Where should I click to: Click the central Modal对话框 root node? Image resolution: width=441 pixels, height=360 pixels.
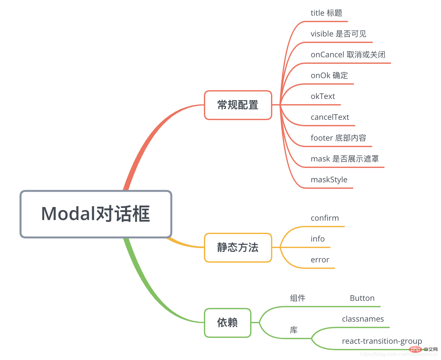pyautogui.click(x=96, y=214)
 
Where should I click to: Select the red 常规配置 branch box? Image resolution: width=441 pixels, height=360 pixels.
pyautogui.click(x=238, y=105)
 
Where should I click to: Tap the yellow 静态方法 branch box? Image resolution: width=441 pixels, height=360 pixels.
pyautogui.click(x=238, y=248)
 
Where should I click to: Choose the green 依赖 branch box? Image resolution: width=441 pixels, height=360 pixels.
pyautogui.click(x=227, y=323)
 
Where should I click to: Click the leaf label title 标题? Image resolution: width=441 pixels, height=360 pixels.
pyautogui.click(x=326, y=13)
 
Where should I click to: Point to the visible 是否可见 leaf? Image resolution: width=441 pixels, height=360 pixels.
pyautogui.click(x=338, y=34)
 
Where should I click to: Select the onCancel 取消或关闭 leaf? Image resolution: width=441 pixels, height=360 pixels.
pyautogui.click(x=348, y=55)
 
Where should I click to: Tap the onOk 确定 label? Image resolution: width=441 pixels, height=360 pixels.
pyautogui.click(x=329, y=76)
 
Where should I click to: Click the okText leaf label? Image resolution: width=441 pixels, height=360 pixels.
pyautogui.click(x=323, y=96)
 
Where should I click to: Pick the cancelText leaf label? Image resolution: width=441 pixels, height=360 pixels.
pyautogui.click(x=330, y=117)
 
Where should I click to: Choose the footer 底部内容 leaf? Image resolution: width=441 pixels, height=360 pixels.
pyautogui.click(x=338, y=138)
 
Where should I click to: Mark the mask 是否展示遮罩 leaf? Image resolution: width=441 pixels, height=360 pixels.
pyautogui.click(x=345, y=159)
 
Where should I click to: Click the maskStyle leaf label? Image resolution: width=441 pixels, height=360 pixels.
pyautogui.click(x=329, y=180)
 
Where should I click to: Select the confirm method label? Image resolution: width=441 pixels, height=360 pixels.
pyautogui.click(x=325, y=218)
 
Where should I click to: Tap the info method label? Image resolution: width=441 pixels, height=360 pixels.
pyautogui.click(x=318, y=239)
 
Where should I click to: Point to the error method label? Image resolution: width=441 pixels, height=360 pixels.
pyautogui.click(x=320, y=260)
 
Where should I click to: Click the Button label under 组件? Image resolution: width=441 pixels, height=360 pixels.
pyautogui.click(x=362, y=298)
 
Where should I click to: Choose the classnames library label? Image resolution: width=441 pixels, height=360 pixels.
pyautogui.click(x=363, y=319)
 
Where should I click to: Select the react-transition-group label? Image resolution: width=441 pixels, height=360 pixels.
pyautogui.click(x=382, y=341)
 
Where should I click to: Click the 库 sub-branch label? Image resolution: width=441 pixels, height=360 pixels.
pyautogui.click(x=294, y=330)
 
